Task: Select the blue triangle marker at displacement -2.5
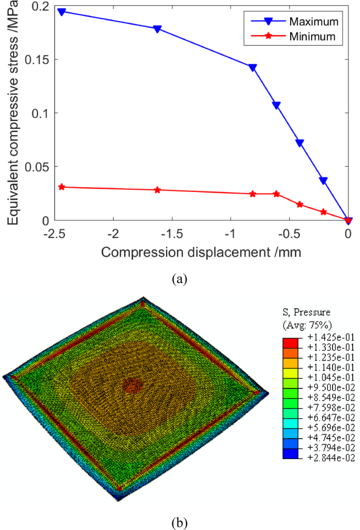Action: (61, 12)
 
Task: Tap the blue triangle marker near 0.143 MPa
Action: (253, 67)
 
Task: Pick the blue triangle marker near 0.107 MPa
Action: (276, 105)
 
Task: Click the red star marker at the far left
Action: (61, 187)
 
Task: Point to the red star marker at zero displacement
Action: (348, 220)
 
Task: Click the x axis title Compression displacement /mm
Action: (201, 252)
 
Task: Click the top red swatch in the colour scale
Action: (291, 342)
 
